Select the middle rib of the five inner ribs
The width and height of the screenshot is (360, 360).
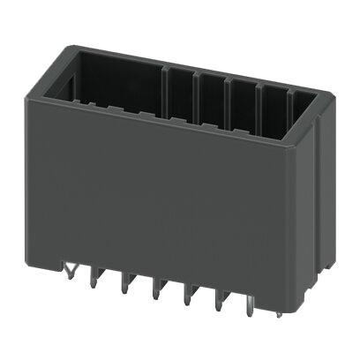pyautogui.click(x=228, y=93)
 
